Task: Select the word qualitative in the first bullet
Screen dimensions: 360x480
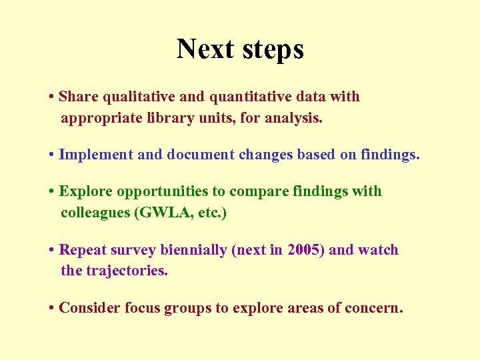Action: pyautogui.click(x=138, y=97)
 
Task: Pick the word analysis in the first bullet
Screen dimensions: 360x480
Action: pyautogui.click(x=293, y=119)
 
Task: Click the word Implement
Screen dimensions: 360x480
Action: pyautogui.click(x=96, y=155)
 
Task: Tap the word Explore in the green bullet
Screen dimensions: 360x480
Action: pyautogui.click(x=86, y=191)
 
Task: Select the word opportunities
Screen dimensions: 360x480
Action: pyautogui.click(x=163, y=191)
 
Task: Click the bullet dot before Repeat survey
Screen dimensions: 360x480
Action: pyautogui.click(x=51, y=251)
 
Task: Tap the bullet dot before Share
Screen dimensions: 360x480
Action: pyautogui.click(x=51, y=97)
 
